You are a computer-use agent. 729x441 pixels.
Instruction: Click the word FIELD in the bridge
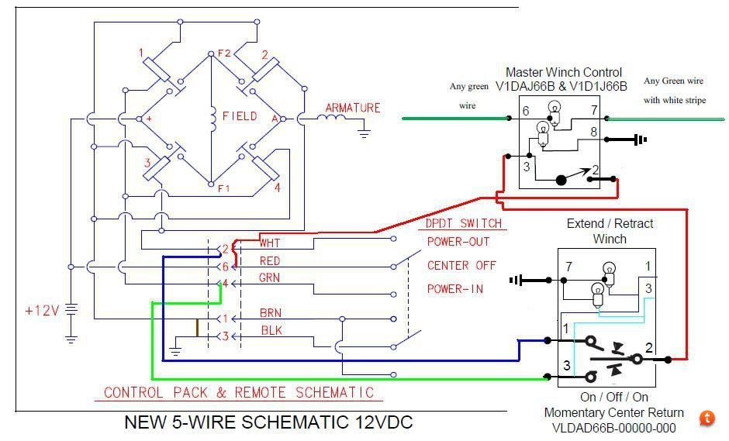tap(240, 115)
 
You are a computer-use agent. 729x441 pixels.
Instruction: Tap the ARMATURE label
tap(353, 108)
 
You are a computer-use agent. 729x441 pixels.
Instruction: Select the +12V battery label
tap(43, 310)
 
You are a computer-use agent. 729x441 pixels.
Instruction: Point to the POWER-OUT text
tap(458, 242)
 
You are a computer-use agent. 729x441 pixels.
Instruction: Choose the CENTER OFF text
tap(461, 265)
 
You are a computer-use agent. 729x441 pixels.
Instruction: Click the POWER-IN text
tap(455, 288)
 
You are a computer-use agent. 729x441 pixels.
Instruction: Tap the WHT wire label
tap(270, 243)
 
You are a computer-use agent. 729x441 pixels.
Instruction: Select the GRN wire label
tap(270, 278)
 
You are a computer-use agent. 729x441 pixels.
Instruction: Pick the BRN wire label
tap(271, 313)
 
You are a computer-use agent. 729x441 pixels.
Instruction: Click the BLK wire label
tap(271, 330)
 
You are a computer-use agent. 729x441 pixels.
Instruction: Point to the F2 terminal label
tap(224, 53)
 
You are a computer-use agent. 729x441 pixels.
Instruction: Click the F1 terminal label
tap(224, 188)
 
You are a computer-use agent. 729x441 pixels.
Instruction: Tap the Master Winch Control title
tap(564, 72)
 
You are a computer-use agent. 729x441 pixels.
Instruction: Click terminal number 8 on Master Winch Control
tap(594, 132)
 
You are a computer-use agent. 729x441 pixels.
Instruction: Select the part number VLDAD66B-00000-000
tap(613, 428)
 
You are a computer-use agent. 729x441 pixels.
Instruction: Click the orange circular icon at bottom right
tap(707, 418)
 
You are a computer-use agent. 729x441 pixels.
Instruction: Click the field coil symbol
tap(213, 119)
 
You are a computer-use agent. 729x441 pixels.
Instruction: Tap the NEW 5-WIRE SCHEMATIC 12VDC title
tap(269, 422)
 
